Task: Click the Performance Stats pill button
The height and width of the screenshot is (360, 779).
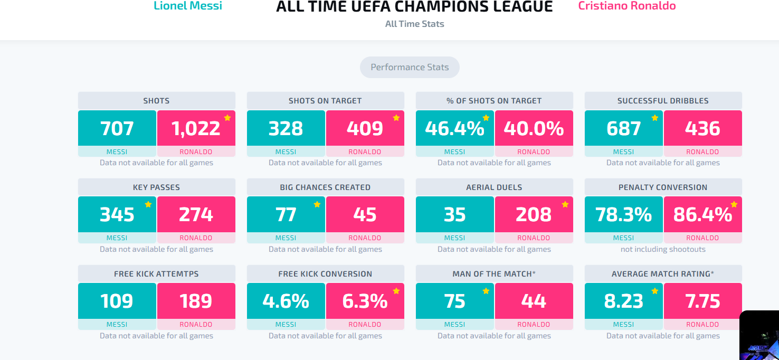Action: point(410,67)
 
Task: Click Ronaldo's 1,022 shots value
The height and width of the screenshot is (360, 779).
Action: point(196,128)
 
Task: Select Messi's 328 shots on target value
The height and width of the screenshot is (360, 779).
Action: point(286,128)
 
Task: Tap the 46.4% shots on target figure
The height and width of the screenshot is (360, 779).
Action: point(454,128)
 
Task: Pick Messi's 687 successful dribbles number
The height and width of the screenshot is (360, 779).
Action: point(623,128)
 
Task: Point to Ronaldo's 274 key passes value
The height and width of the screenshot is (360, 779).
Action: point(196,214)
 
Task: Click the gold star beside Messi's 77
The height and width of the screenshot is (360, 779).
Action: point(317,204)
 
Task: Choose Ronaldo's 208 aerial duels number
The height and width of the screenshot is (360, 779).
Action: point(534,214)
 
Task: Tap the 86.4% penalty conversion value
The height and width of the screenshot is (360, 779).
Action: point(702,214)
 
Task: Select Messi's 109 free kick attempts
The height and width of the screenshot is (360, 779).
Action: point(117,301)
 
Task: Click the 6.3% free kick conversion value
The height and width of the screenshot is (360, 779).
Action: point(365,301)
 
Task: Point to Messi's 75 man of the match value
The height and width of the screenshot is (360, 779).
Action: point(454,301)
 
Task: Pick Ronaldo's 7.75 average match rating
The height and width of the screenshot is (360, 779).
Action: point(702,301)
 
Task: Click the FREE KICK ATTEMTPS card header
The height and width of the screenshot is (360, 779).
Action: point(157,274)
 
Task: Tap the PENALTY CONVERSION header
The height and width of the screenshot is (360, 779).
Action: point(663,187)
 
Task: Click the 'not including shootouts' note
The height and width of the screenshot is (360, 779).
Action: point(663,249)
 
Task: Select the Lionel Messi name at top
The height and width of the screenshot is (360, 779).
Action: point(188,6)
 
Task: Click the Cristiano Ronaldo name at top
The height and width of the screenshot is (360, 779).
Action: point(627,6)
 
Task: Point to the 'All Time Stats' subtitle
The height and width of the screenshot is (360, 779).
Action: point(414,24)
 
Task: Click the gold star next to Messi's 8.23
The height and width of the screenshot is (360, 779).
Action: point(655,291)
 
